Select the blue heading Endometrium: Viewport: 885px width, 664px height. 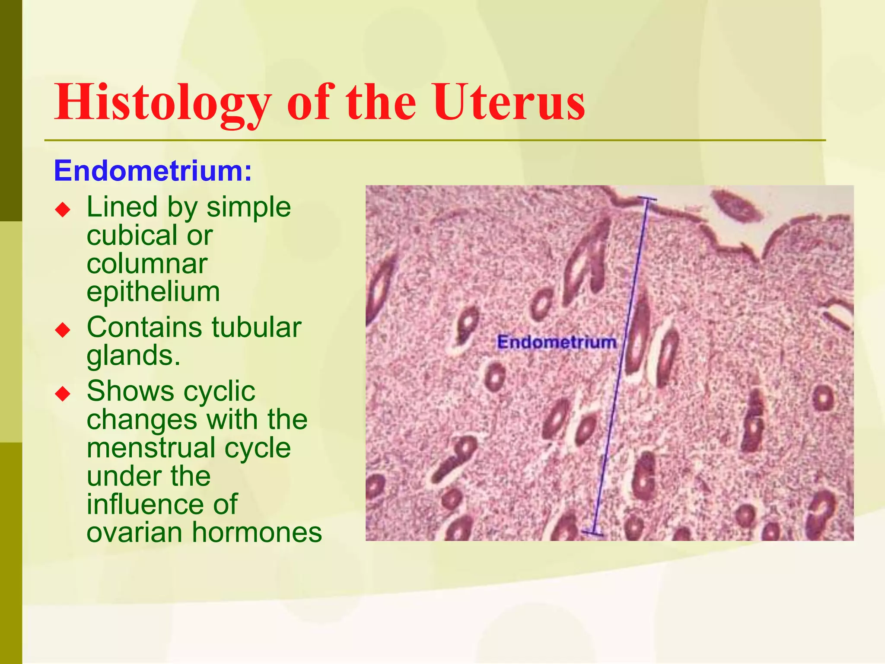click(x=153, y=171)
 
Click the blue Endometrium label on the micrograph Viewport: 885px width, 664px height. click(x=557, y=342)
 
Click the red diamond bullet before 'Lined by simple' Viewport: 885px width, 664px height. click(x=63, y=211)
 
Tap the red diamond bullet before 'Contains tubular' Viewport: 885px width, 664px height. click(x=63, y=331)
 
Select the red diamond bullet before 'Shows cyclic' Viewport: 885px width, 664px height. click(x=63, y=394)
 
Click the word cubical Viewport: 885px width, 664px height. click(x=131, y=236)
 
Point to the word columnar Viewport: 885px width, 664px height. click(x=147, y=264)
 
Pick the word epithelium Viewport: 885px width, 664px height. click(x=153, y=292)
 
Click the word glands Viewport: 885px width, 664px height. click(x=133, y=356)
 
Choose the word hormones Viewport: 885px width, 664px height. click(x=257, y=533)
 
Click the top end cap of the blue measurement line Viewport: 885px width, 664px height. click(x=647, y=199)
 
